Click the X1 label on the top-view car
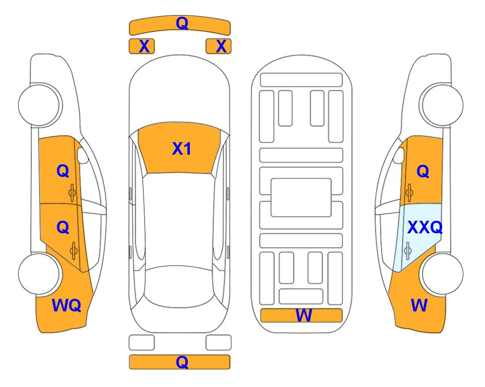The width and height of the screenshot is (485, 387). [182, 149]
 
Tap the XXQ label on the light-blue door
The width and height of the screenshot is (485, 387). [425, 228]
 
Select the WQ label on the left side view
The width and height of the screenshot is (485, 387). [66, 305]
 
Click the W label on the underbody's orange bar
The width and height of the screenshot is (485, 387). [304, 315]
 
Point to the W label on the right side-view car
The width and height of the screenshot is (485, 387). [419, 305]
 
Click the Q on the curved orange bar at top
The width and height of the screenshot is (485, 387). [182, 23]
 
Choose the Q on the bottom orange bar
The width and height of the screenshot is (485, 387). [182, 362]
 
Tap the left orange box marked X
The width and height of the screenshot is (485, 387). [142, 46]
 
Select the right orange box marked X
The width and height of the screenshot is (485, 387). [219, 46]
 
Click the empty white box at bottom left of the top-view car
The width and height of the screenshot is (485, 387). [142, 343]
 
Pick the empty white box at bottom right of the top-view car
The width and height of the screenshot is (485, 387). [219, 343]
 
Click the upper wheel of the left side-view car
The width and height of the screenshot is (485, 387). [39, 105]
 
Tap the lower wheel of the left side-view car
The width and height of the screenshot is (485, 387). [39, 274]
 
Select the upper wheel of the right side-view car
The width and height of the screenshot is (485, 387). [442, 105]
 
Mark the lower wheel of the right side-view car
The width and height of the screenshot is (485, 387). [442, 274]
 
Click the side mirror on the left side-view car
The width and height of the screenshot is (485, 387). [82, 155]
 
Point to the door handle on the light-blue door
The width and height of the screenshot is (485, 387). [407, 250]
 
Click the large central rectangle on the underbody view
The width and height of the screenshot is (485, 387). [301, 198]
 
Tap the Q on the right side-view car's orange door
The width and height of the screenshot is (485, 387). [423, 171]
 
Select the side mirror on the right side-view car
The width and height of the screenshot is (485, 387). [399, 155]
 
